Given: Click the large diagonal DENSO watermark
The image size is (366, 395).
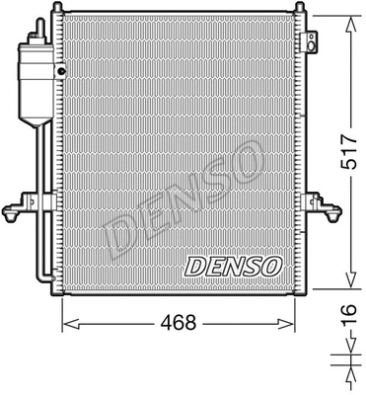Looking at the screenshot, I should pyautogui.click(x=183, y=194).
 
